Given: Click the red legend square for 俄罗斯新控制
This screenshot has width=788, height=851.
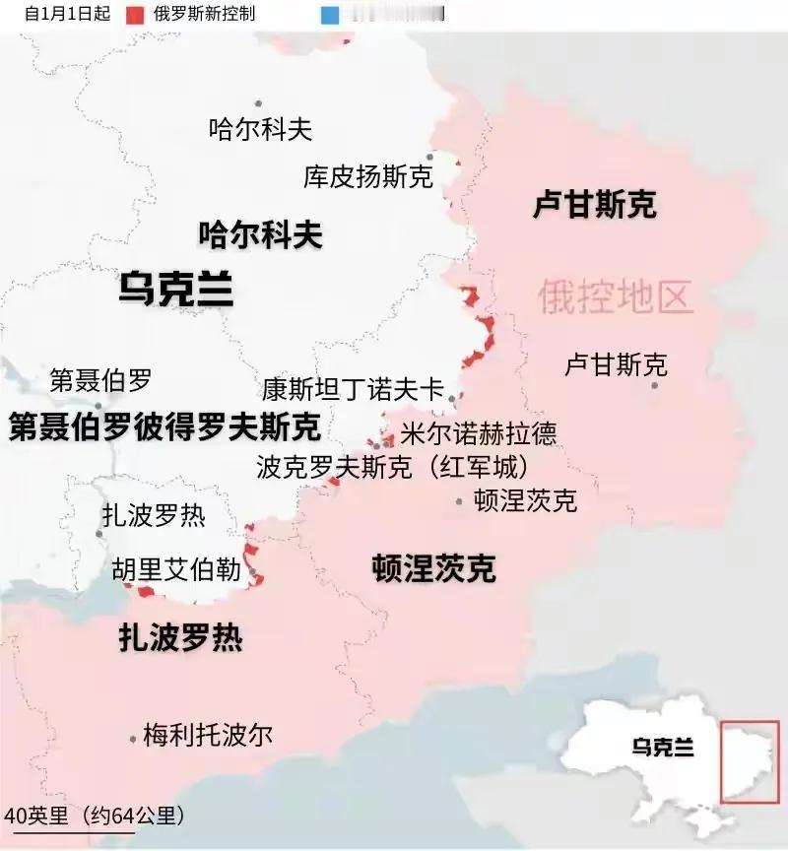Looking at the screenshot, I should point(133,15).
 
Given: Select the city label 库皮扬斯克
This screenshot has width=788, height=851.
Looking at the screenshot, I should point(367,177).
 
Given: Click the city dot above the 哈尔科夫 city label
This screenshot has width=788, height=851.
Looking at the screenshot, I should point(258,103).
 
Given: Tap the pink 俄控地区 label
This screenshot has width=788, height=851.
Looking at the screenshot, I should point(616,295).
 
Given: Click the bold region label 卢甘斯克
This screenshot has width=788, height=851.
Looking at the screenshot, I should point(594,205).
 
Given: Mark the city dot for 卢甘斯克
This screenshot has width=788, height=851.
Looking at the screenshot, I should point(655,385).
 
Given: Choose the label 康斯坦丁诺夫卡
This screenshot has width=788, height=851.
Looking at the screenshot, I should point(353,388).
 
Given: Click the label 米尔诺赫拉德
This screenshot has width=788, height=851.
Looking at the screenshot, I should point(478,433).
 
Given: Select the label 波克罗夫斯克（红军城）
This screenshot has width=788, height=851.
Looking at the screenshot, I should point(392,466).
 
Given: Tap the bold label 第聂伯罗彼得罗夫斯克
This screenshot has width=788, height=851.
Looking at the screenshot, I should point(164,427).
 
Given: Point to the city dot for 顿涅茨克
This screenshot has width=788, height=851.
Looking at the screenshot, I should point(459,501).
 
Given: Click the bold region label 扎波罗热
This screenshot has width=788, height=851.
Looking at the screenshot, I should point(180,638).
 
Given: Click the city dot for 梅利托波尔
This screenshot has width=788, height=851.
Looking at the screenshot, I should point(133,737).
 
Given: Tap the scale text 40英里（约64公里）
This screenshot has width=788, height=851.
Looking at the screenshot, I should point(94,816).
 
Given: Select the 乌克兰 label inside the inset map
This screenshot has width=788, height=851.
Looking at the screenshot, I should point(663,748).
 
